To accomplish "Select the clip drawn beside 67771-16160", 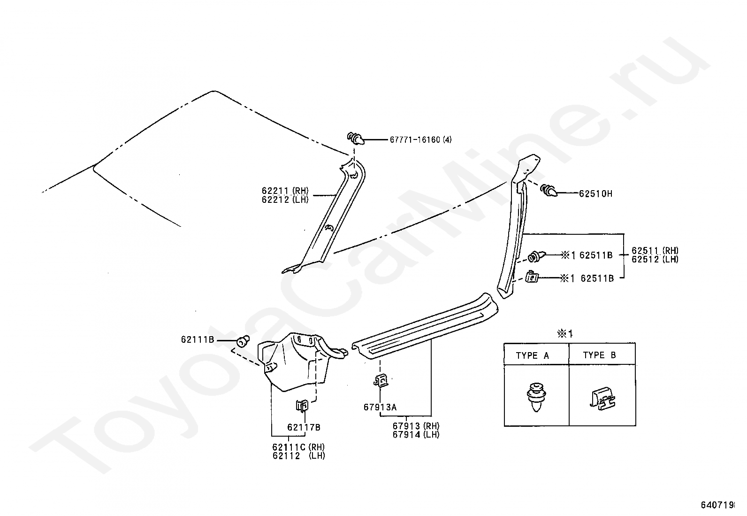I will click(x=356, y=139).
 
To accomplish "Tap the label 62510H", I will click(x=595, y=193).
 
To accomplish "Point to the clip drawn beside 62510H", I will click(x=549, y=191).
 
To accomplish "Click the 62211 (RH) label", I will click(x=285, y=191).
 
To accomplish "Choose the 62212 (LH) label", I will click(x=285, y=199).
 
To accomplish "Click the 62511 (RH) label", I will click(x=655, y=251).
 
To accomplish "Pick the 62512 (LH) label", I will click(x=655, y=259).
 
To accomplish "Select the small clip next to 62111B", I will click(x=243, y=340).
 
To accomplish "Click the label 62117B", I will click(x=304, y=427).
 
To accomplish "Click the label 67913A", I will click(x=380, y=407).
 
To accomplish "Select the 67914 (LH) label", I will click(x=416, y=434).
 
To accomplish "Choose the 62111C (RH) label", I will click(x=298, y=447).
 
